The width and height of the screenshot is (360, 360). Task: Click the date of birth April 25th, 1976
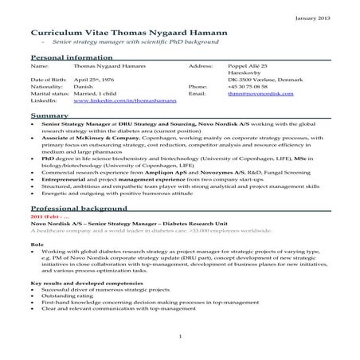click(94, 80)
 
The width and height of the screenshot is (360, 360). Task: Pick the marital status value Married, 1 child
click(96, 95)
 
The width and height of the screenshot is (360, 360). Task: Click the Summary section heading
click(49, 116)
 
